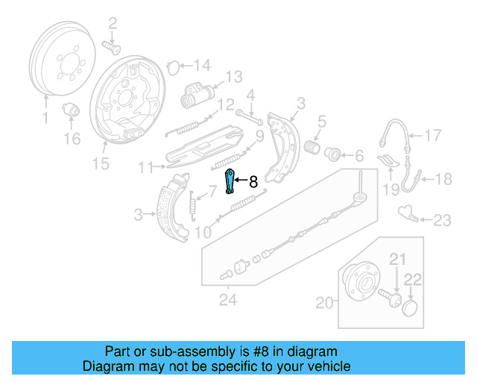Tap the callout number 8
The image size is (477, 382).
click(253, 181)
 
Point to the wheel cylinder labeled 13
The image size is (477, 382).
click(195, 95)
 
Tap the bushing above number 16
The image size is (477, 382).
click(73, 110)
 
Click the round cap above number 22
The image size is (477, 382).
click(410, 308)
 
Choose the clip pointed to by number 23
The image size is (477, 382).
click(406, 215)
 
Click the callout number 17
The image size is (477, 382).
click(433, 135)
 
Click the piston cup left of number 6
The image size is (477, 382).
click(333, 155)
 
